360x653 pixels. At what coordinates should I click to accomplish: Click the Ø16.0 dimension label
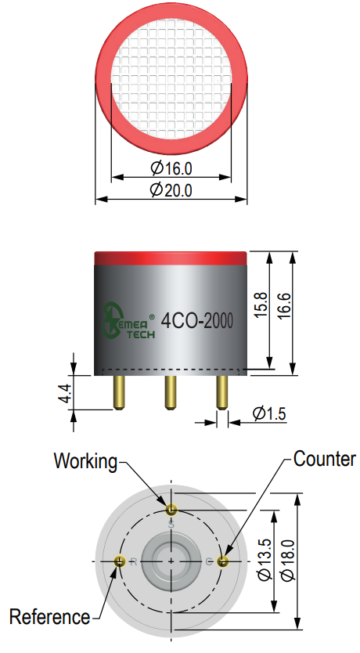coord(171,168)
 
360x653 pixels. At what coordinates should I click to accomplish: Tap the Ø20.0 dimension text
coord(171,190)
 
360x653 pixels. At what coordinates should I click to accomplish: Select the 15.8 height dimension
coord(261,305)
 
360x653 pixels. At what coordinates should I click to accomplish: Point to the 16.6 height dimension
coord(285,306)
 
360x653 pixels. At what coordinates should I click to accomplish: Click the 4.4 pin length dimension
coord(65,393)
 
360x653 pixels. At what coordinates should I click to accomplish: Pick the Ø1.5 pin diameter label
coord(269,413)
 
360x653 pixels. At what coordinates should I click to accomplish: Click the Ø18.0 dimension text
coord(287,560)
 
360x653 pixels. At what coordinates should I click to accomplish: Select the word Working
coord(86,461)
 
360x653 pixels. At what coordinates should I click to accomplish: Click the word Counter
coord(325,459)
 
